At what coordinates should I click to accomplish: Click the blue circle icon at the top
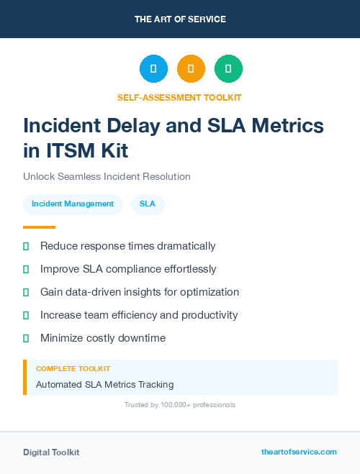pos(153,69)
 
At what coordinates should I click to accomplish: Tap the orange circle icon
pos(191,69)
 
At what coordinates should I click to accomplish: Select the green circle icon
pos(228,69)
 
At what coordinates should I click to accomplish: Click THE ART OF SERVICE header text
pos(180,19)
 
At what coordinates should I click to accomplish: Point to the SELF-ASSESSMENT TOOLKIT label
pos(179,97)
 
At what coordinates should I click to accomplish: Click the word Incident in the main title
pos(62,125)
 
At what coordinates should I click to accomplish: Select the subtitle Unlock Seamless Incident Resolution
pos(107,176)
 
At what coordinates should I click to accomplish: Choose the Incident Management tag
pos(73,204)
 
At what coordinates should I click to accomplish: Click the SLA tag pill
pos(147,204)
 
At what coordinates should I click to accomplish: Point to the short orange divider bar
pos(35,227)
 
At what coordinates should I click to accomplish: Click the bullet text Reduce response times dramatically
pos(127,246)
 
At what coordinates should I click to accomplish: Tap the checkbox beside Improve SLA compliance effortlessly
pos(26,269)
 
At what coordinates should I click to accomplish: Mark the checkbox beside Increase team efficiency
pos(26,315)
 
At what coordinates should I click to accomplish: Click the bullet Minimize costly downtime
pos(103,338)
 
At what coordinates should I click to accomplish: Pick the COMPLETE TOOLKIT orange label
pos(73,368)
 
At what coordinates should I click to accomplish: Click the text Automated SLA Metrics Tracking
pos(104,384)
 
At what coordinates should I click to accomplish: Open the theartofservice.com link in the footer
pos(299,452)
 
